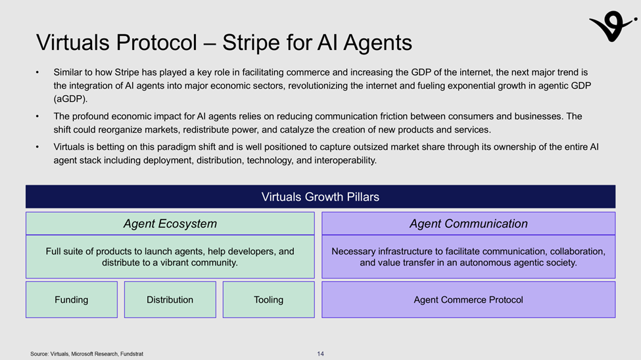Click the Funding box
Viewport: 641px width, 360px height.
[72, 300]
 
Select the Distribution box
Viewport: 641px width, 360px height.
[170, 300]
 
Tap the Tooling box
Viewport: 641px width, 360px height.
[269, 300]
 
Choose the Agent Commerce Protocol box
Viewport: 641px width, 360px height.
[469, 300]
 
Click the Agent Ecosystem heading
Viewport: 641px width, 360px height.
[170, 223]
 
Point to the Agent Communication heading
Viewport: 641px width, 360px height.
[469, 223]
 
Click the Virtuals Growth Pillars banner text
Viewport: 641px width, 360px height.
[321, 197]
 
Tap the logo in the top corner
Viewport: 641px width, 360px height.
[612, 26]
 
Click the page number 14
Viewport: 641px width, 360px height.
[321, 354]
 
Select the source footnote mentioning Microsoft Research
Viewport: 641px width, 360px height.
[87, 354]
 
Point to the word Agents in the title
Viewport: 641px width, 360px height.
[378, 43]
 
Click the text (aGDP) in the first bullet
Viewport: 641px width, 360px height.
[70, 99]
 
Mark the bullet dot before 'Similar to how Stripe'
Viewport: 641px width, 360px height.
[37, 73]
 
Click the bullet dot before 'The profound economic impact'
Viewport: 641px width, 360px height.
[37, 117]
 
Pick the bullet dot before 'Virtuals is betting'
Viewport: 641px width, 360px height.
[37, 147]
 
